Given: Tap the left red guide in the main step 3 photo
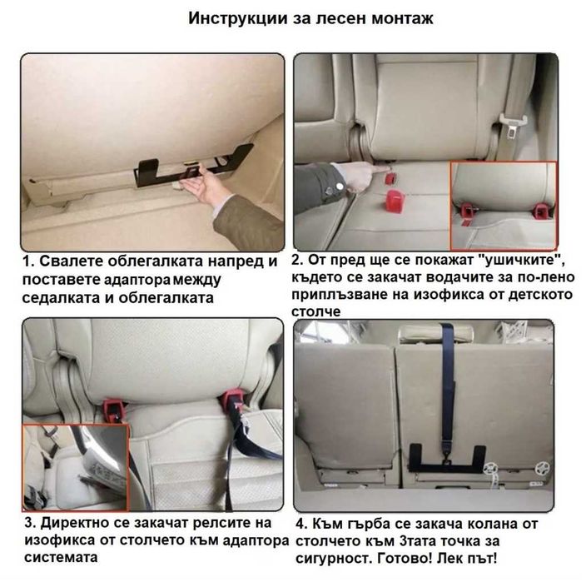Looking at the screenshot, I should (110, 405).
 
